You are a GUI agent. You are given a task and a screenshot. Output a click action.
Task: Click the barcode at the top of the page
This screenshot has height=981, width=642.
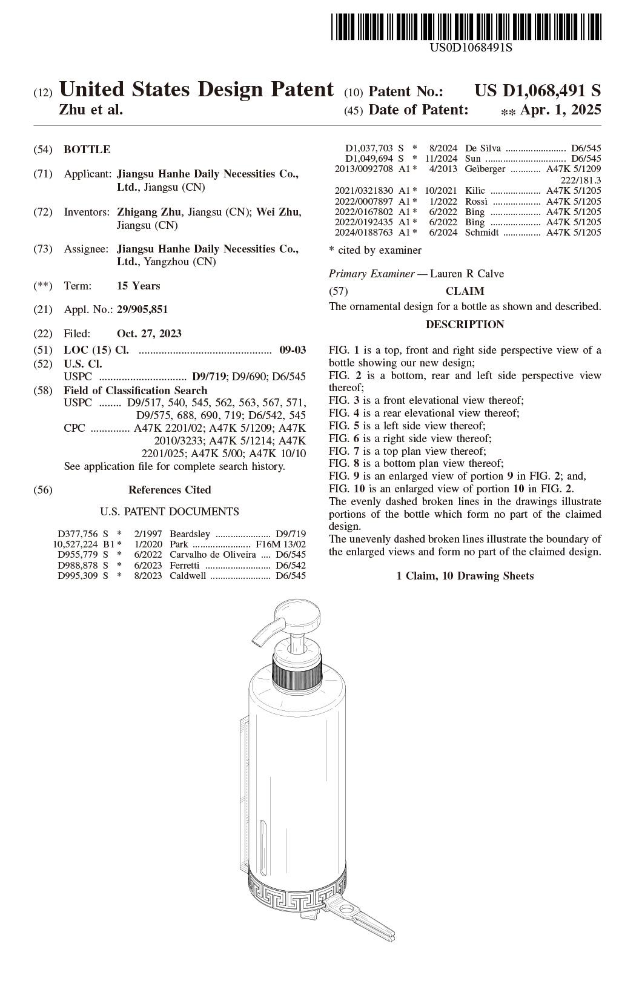click(x=466, y=27)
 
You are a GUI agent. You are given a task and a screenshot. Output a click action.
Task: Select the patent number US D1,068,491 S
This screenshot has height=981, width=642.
click(x=538, y=91)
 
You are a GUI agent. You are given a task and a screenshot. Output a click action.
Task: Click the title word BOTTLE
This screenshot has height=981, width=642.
click(x=87, y=149)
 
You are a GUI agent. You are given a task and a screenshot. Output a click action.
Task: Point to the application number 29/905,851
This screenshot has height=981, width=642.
click(x=142, y=309)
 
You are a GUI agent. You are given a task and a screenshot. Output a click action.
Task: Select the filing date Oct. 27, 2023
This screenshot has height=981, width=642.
click(x=149, y=334)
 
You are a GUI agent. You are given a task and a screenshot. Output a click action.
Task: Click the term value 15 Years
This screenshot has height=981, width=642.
click(x=139, y=286)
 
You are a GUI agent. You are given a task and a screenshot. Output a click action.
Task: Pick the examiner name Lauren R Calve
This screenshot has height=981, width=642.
click(x=467, y=274)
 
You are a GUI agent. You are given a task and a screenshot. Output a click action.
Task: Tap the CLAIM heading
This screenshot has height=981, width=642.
click(x=465, y=291)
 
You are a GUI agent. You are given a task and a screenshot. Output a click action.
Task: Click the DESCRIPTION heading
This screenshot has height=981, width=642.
click(x=465, y=325)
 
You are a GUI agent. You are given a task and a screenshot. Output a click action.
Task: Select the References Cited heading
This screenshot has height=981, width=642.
click(x=170, y=490)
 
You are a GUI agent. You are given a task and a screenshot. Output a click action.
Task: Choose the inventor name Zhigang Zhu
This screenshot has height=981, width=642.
click(x=149, y=212)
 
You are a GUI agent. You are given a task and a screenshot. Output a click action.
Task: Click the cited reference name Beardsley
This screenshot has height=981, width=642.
click(x=190, y=533)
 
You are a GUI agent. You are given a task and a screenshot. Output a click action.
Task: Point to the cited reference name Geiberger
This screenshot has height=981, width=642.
click(x=485, y=169)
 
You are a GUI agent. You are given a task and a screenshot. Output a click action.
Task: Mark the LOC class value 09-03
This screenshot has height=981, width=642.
click(x=293, y=350)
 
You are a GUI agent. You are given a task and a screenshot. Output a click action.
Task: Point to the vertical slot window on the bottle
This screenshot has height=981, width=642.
click(x=262, y=842)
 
